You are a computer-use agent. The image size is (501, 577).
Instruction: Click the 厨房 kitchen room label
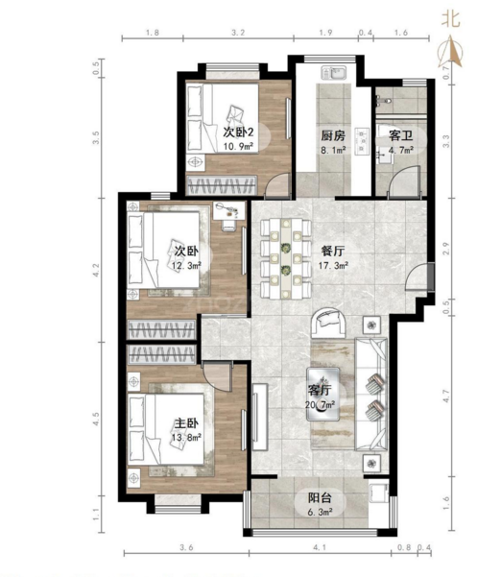click(x=333, y=135)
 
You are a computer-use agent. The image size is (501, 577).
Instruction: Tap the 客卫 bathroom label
click(x=400, y=135)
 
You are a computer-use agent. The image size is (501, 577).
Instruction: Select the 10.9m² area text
click(x=238, y=147)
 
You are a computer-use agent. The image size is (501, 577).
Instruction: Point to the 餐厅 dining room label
click(x=332, y=252)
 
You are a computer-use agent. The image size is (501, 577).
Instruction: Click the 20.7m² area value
click(x=320, y=405)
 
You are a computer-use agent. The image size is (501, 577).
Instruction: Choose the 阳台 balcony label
click(x=320, y=498)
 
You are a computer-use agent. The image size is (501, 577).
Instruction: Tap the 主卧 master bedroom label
click(x=186, y=423)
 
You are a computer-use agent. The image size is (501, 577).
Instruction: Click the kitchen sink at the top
click(x=334, y=73)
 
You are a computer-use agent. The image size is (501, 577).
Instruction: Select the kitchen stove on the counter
click(x=362, y=141)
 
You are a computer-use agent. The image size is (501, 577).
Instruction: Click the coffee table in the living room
click(x=323, y=394)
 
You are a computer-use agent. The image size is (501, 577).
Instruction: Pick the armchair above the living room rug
click(x=329, y=322)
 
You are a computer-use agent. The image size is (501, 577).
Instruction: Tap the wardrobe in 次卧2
click(x=222, y=185)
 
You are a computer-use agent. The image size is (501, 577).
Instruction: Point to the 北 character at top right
click(x=451, y=18)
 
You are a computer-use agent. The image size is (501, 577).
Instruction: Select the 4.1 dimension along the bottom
click(x=320, y=547)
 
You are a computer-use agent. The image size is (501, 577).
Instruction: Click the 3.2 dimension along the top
click(x=238, y=33)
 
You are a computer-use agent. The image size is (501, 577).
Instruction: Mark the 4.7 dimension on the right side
click(x=446, y=396)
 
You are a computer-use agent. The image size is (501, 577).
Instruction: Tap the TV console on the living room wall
click(x=260, y=417)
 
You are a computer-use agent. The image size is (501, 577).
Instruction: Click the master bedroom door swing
click(x=217, y=375)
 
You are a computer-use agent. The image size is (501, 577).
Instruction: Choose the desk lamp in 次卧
click(x=227, y=209)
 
